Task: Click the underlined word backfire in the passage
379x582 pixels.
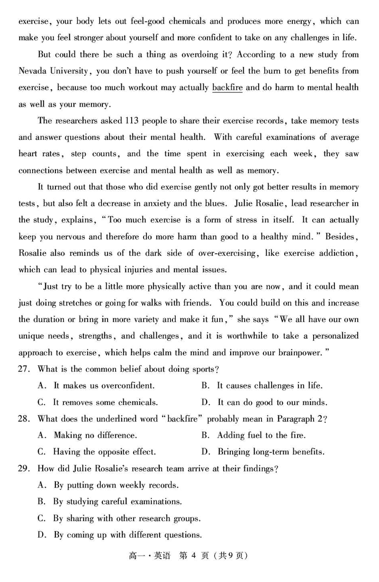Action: [x=227, y=87]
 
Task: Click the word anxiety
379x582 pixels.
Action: [x=172, y=203]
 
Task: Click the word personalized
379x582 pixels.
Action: [x=334, y=336]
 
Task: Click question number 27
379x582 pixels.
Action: [x=24, y=369]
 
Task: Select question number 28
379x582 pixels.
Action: [x=24, y=419]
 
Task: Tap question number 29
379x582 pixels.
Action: [x=24, y=469]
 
